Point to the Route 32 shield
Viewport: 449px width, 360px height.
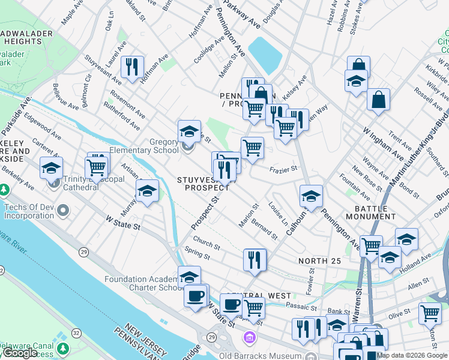[x=76, y=332]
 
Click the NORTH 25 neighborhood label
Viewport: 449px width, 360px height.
[x=319, y=261]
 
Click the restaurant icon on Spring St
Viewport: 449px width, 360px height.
[x=255, y=259]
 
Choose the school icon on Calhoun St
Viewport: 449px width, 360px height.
[x=311, y=196]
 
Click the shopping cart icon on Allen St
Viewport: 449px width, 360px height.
[x=430, y=313]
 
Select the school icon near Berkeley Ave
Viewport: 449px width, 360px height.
[x=52, y=168]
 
